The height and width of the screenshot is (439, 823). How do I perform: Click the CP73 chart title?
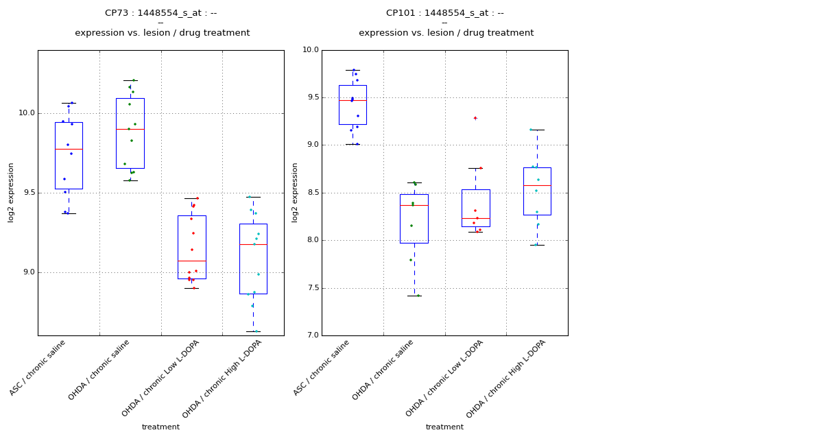click(161, 13)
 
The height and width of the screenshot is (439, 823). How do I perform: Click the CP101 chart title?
click(445, 13)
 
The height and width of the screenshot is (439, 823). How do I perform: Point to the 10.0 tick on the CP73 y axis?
click(26, 113)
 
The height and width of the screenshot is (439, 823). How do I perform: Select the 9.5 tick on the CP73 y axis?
click(26, 193)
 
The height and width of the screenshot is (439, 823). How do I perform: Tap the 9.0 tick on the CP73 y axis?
click(26, 272)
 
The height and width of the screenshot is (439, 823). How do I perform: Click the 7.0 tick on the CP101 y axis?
click(311, 335)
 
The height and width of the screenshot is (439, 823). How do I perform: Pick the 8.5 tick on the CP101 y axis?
click(311, 193)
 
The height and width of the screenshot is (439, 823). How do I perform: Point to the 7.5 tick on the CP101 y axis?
click(311, 288)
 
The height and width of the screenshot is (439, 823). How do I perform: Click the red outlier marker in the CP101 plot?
click(475, 118)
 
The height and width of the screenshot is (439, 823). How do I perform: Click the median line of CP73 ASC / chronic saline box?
click(69, 149)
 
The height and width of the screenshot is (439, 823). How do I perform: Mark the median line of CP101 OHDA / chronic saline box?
click(414, 205)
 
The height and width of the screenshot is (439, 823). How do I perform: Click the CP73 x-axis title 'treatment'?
click(160, 427)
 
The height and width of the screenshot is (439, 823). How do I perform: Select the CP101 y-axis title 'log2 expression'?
click(295, 192)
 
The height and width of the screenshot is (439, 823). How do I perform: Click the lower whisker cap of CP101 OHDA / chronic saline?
click(414, 296)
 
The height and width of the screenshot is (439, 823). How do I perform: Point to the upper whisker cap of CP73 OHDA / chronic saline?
click(130, 80)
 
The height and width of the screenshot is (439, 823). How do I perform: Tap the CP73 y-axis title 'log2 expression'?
click(11, 192)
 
